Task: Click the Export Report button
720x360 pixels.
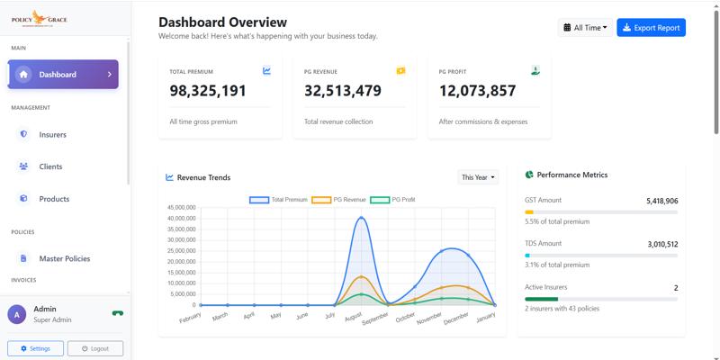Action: point(651,28)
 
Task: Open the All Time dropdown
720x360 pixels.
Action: point(585,28)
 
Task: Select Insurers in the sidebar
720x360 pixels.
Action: point(52,135)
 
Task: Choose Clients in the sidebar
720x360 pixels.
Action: point(50,166)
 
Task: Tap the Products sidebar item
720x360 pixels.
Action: point(54,199)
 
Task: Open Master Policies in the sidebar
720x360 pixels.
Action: point(64,259)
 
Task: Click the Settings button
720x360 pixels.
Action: point(35,348)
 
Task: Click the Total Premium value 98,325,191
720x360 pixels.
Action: point(208,91)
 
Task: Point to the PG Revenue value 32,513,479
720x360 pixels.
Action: point(343,91)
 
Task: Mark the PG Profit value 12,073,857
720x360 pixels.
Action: point(477,91)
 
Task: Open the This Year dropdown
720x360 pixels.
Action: point(478,177)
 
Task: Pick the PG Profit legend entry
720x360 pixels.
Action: point(392,200)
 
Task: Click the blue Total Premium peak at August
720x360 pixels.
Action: point(361,217)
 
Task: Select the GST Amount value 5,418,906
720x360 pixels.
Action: point(661,202)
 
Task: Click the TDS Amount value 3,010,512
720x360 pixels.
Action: point(661,244)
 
